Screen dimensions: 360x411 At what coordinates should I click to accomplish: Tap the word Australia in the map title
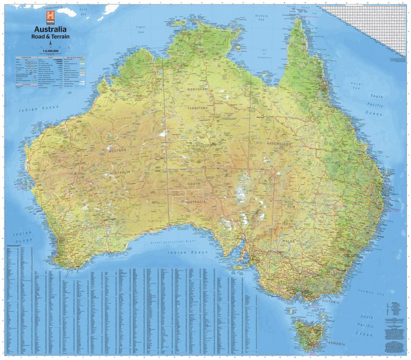pyautogui.click(x=50, y=29)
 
